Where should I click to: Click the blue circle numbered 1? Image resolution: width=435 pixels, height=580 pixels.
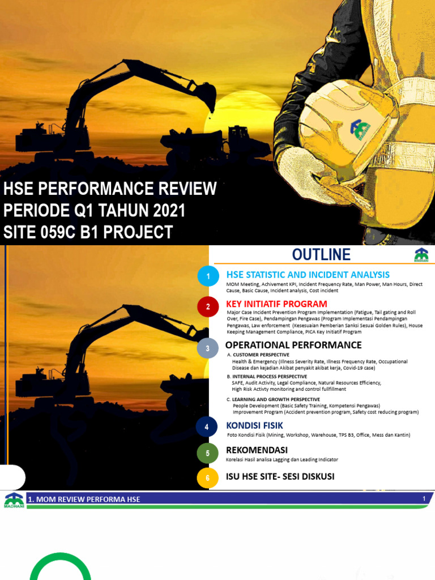click(x=208, y=276)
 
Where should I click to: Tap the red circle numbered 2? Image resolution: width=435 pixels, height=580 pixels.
click(x=208, y=307)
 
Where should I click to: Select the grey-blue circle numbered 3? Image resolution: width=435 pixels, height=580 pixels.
click(x=208, y=348)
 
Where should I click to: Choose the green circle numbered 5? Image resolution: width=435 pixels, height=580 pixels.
click(x=208, y=454)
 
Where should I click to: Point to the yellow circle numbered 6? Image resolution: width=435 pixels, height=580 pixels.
click(x=208, y=478)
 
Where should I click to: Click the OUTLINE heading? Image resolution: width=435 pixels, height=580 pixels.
click(x=321, y=254)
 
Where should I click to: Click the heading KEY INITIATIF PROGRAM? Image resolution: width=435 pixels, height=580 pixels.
click(x=276, y=304)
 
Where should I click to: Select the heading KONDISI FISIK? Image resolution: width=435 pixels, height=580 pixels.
click(x=254, y=425)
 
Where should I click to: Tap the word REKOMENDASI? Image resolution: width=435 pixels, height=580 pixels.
click(x=257, y=450)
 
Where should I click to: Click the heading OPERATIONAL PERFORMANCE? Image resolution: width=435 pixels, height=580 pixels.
click(x=293, y=345)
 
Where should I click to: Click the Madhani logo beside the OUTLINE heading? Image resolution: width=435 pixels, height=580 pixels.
click(x=421, y=255)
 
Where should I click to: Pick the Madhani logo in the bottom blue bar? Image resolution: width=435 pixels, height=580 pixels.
click(x=14, y=501)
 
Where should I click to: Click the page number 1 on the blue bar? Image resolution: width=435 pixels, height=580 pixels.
click(x=424, y=498)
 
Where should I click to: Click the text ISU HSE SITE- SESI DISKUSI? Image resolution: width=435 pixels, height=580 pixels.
click(x=280, y=476)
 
